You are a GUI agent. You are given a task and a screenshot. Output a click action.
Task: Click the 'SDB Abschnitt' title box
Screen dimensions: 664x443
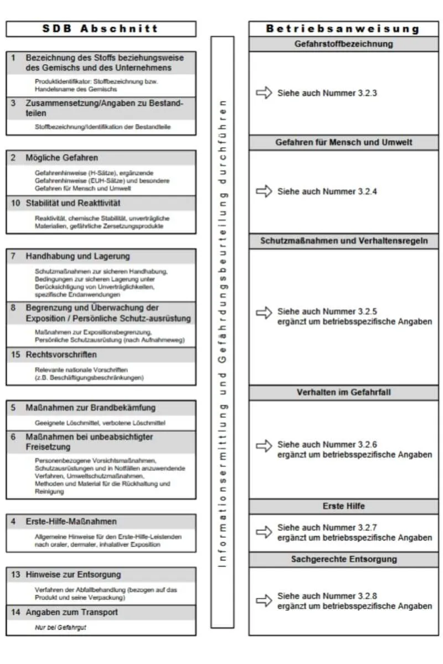[x=101, y=29]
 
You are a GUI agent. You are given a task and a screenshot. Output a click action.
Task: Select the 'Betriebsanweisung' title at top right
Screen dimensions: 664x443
[x=343, y=29]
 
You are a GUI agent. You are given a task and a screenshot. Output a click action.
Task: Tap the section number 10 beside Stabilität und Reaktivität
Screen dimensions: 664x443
[x=16, y=203]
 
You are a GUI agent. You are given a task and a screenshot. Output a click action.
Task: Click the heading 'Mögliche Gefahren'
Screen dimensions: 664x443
[x=61, y=158]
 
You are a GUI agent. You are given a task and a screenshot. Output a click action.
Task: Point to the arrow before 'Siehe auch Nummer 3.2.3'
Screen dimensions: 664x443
[x=264, y=93]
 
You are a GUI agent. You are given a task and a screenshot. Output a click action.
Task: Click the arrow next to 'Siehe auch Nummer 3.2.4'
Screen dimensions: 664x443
[x=264, y=191]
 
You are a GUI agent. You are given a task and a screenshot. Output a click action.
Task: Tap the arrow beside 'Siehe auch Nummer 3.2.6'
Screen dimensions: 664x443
[x=264, y=445]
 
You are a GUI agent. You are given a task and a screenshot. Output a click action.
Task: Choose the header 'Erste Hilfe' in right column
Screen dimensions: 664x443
[x=343, y=506]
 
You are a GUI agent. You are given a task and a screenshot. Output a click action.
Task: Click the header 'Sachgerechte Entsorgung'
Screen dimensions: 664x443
[x=343, y=559]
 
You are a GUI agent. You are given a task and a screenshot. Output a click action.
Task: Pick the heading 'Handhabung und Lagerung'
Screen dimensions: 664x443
[x=78, y=256]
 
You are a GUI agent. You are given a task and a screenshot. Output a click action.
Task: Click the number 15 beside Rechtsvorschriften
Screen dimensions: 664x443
[x=16, y=355]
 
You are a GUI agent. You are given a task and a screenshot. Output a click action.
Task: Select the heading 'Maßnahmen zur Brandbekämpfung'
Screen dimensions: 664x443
[x=90, y=408]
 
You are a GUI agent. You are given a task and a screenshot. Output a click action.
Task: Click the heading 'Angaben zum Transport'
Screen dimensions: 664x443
[x=71, y=613]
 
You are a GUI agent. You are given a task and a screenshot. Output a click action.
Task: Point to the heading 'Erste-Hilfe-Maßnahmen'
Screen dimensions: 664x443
[x=71, y=522]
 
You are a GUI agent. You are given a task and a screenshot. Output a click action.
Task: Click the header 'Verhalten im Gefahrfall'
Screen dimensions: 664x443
[x=343, y=392]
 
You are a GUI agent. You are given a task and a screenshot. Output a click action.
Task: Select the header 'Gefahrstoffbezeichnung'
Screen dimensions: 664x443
[x=343, y=44]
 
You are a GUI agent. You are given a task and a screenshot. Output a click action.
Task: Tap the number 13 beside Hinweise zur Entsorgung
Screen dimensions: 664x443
[x=16, y=575]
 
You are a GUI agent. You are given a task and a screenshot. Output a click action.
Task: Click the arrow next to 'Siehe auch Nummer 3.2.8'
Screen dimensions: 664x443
[x=264, y=600]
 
